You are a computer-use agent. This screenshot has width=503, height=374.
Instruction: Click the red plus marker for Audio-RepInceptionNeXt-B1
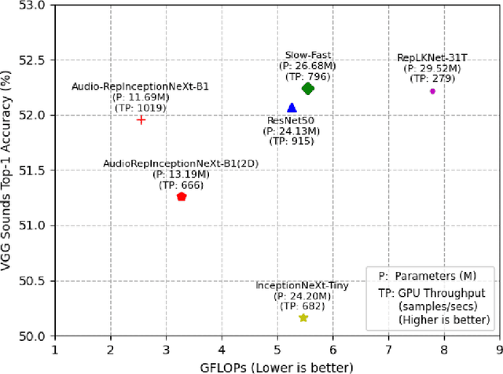141,119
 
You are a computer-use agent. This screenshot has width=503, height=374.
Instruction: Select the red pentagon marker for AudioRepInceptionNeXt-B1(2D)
182,196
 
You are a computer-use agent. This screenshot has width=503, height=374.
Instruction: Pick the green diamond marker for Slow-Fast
308,89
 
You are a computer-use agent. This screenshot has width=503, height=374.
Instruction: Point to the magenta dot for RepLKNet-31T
432,91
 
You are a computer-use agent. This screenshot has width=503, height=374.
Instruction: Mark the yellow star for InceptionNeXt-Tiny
303,317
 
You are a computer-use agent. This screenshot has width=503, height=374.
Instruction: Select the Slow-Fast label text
308,56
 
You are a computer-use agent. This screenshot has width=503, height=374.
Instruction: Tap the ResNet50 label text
292,119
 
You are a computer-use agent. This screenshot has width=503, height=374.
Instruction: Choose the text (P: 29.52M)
432,68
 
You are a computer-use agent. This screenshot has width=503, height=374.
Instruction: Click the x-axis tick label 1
54,350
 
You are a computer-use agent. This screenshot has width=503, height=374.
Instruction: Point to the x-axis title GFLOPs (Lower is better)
277,366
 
